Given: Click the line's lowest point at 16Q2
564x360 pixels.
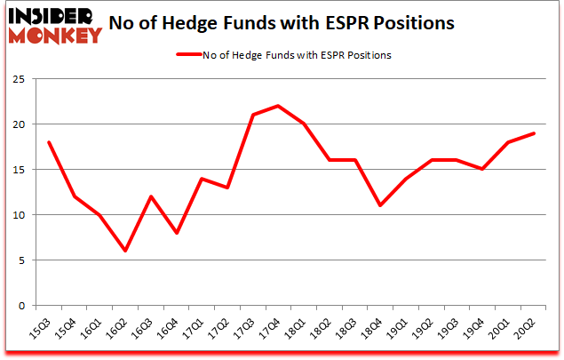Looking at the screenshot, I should tap(125, 251).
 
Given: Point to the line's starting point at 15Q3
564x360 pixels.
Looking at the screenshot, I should tap(48, 142).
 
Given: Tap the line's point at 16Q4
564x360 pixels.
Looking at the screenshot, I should tap(177, 233).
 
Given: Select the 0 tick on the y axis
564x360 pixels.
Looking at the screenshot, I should tap(29, 306).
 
